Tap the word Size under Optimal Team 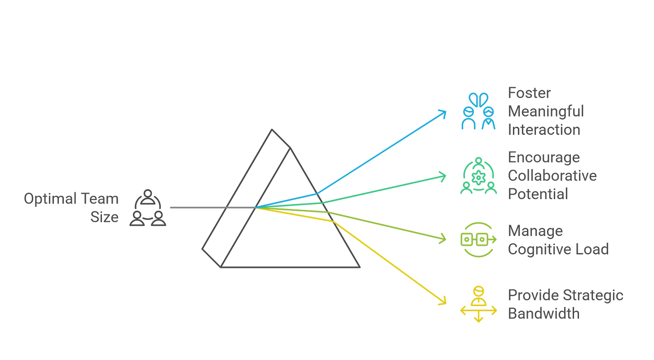click(x=105, y=218)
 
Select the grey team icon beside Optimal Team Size click(x=148, y=208)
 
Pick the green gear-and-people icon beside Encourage click(x=478, y=176)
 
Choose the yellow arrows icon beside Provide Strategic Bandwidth click(x=478, y=304)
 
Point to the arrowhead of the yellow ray click(x=444, y=301)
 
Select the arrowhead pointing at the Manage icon click(x=444, y=239)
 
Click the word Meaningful click(x=546, y=111)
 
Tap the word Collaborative click(x=552, y=175)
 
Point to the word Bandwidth click(x=544, y=313)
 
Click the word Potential click(x=538, y=194)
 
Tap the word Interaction click(x=544, y=129)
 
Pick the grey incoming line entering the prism click(x=198, y=208)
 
